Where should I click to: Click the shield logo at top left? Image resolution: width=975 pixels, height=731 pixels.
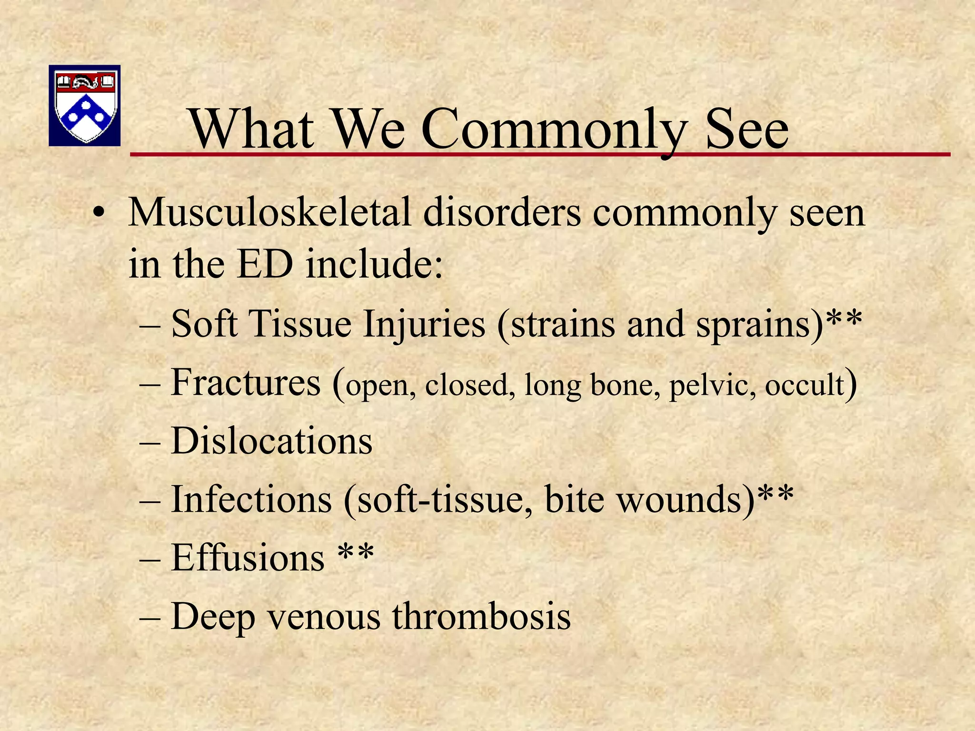tap(85, 105)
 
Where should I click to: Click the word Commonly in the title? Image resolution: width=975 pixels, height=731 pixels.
tap(555, 129)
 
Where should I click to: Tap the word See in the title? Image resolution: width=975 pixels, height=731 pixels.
tap(747, 129)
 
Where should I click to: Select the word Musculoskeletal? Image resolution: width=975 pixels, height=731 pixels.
tap(269, 212)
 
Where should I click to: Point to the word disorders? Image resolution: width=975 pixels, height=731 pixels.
tap(502, 212)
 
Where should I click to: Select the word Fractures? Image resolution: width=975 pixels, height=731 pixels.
tap(246, 383)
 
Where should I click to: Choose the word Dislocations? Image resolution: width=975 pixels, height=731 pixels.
tap(271, 441)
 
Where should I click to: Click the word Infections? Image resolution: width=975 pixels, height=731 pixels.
tap(251, 500)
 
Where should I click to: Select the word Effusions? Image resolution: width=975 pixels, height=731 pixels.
tap(248, 558)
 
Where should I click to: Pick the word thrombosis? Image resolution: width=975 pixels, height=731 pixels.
tap(481, 617)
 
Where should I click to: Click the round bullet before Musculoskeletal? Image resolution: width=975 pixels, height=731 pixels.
tap(98, 212)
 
